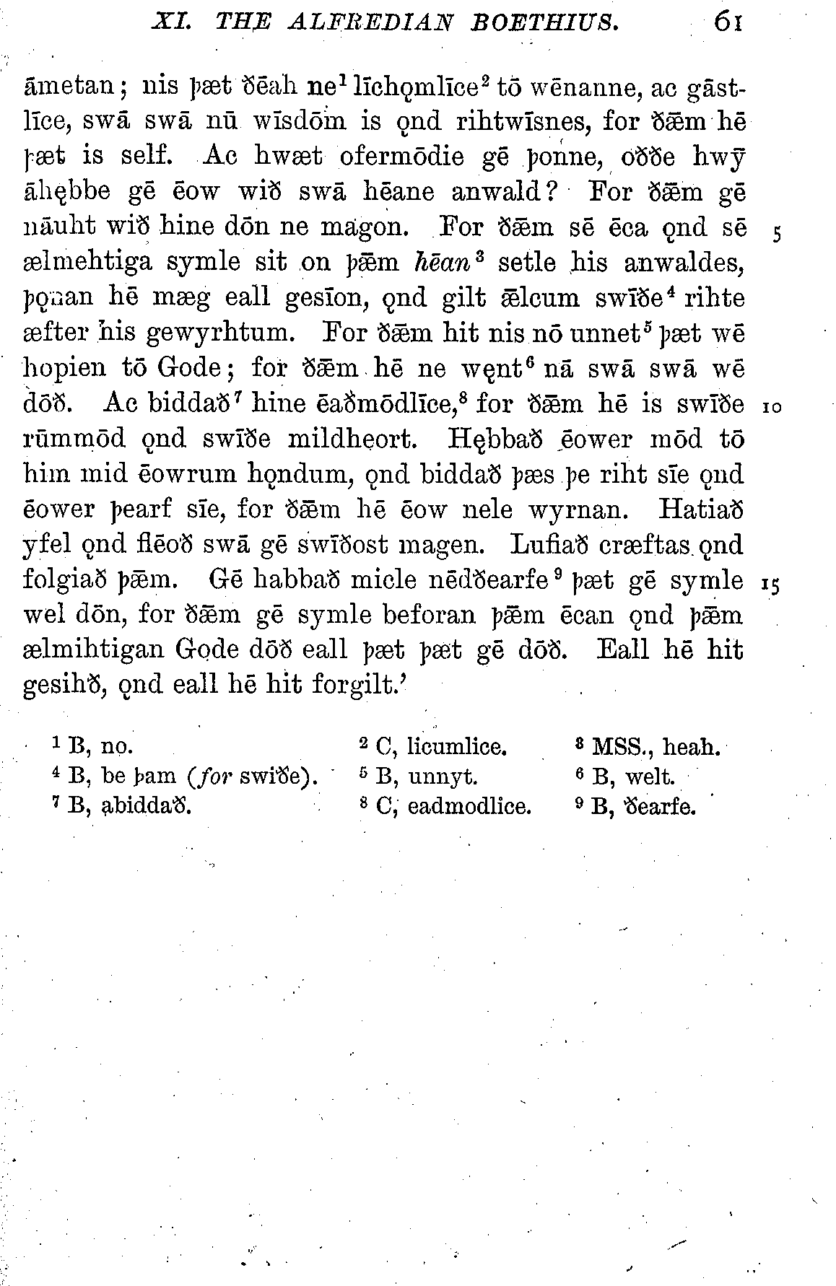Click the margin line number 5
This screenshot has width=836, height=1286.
coord(777,235)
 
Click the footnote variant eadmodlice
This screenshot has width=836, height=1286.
coord(469,806)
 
